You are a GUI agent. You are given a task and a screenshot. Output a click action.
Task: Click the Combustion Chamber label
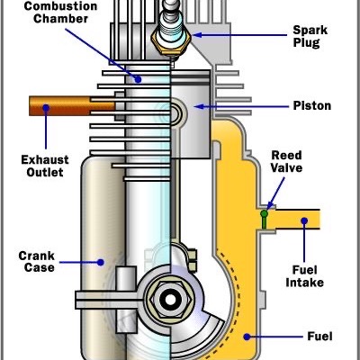tap(61, 12)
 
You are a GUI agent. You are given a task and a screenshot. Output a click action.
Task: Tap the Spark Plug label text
tap(310, 36)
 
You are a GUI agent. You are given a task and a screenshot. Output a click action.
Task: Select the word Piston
tap(312, 105)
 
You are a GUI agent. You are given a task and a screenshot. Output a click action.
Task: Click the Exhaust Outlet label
tap(45, 166)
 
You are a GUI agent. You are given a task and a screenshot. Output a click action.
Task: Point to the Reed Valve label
tap(286, 161)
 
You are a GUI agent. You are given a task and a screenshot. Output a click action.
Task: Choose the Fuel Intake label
tap(304, 276)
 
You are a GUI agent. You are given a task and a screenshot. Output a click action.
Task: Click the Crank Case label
tap(37, 261)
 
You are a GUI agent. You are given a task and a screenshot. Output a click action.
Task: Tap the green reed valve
tap(264, 220)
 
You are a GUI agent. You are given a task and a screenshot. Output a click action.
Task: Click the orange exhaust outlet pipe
tap(72, 106)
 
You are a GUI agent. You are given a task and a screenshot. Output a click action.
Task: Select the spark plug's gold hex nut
tap(171, 42)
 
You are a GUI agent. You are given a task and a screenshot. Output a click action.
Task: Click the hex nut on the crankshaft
tap(170, 300)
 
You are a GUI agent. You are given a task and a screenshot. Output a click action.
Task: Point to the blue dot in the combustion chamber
tap(138, 79)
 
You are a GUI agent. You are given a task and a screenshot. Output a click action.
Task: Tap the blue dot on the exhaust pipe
tap(46, 108)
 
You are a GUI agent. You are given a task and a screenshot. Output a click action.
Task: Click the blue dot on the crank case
tap(101, 263)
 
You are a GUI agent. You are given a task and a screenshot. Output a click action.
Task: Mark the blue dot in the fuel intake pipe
tap(304, 221)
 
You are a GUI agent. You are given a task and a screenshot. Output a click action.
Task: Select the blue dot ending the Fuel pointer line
tap(247, 337)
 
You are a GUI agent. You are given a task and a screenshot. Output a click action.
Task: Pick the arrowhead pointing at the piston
tap(199, 106)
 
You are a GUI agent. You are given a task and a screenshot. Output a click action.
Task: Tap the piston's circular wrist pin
tap(175, 113)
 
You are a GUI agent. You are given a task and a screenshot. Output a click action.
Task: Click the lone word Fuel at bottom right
tap(319, 337)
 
